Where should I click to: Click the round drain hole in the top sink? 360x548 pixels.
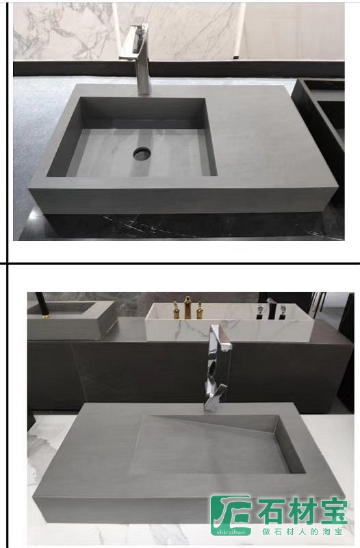pos(142,153)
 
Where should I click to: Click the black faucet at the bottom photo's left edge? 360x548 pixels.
pos(40,305)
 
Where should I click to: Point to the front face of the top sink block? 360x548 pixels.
pos(185,197)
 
